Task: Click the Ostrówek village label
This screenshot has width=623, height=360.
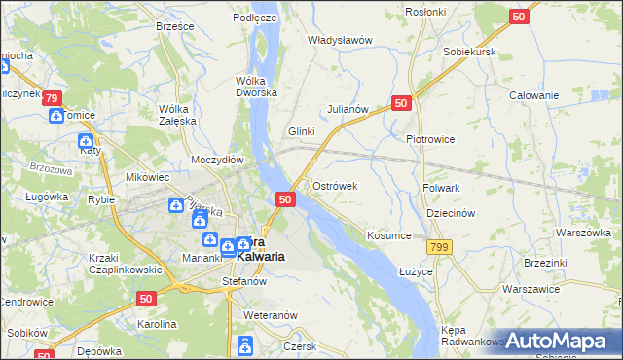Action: (335, 186)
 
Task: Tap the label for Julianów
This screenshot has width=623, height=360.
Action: (348, 109)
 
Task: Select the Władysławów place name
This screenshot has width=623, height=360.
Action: (341, 40)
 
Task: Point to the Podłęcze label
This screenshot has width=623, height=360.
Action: (255, 18)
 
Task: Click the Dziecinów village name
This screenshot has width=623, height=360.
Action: (450, 213)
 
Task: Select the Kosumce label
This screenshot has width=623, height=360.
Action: (390, 235)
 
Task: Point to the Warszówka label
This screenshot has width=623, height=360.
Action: (582, 234)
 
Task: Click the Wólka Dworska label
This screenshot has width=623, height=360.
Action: (257, 88)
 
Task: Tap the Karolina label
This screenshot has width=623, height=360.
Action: (156, 323)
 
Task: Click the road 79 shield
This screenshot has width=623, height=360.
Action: (53, 98)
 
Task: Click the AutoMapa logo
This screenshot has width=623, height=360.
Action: (563, 341)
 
